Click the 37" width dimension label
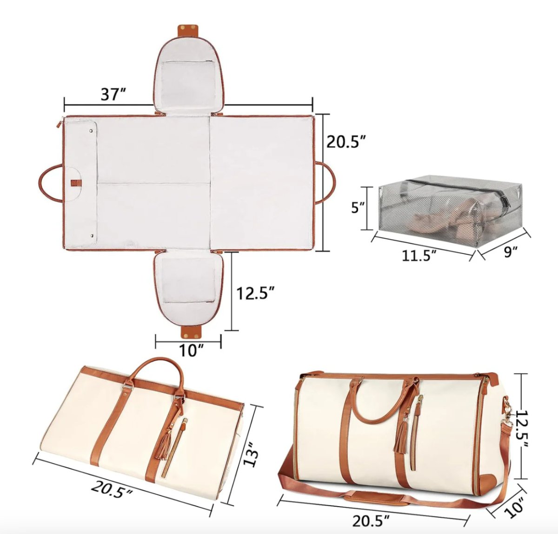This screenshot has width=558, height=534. click(113, 94)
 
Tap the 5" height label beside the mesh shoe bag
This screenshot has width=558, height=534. click(358, 207)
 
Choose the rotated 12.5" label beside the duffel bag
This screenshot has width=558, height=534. click(521, 434)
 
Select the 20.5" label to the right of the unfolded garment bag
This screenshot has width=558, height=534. click(347, 141)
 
